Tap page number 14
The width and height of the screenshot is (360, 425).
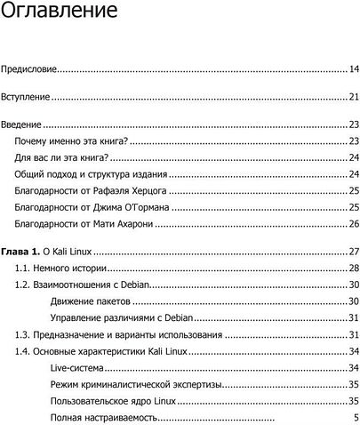pos(353,68)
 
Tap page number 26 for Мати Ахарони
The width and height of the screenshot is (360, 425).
pos(353,224)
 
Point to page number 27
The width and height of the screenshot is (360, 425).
pos(353,252)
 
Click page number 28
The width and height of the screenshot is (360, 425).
pos(353,269)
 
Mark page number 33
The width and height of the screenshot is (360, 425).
pos(353,335)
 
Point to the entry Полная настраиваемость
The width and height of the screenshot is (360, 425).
pos(104,418)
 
